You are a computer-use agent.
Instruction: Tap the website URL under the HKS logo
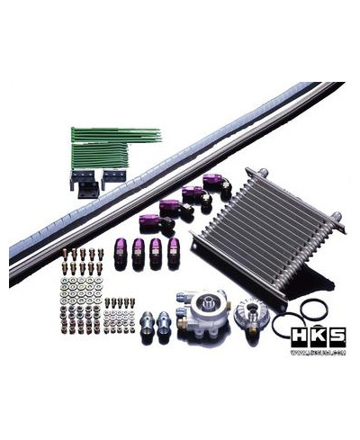317,352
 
